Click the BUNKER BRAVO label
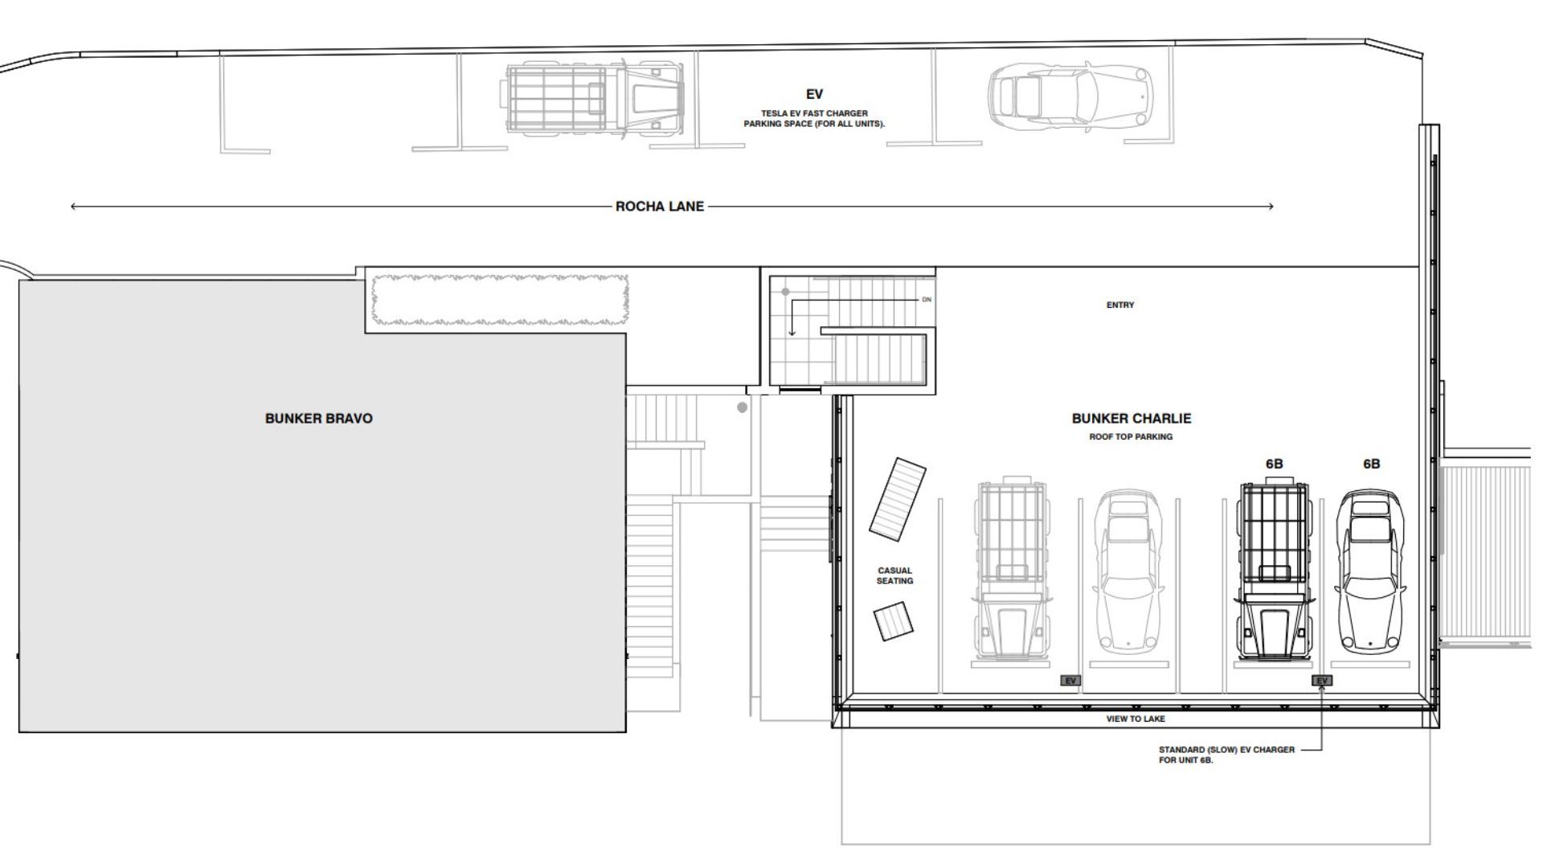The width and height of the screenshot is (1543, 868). [x=319, y=419]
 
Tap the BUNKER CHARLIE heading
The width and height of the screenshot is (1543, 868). [x=1132, y=419]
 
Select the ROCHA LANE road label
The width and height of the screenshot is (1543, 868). [x=660, y=207]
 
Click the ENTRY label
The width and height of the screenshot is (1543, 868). [x=1120, y=305]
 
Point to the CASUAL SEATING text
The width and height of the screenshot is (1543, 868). [x=894, y=575]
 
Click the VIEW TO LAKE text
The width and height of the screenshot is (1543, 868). [x=1136, y=719]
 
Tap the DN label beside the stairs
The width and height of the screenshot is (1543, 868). [x=927, y=300]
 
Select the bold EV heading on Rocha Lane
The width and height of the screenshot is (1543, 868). [x=814, y=95]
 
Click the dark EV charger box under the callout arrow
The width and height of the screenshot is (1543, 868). [x=1322, y=681]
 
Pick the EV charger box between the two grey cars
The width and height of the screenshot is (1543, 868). [x=1070, y=681]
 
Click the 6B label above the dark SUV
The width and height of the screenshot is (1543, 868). [x=1274, y=465]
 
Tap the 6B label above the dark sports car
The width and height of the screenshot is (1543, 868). [x=1372, y=465]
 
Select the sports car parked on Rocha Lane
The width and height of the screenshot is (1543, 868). [x=1070, y=96]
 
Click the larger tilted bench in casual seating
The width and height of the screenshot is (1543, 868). [x=897, y=499]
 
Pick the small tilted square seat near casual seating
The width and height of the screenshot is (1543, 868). [x=894, y=622]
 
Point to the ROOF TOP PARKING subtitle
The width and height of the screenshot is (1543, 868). [x=1131, y=437]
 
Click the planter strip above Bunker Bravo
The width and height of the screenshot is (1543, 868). [x=499, y=300]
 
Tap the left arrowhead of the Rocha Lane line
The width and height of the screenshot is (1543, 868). [x=73, y=207]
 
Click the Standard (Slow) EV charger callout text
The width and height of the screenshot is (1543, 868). [x=1226, y=755]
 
